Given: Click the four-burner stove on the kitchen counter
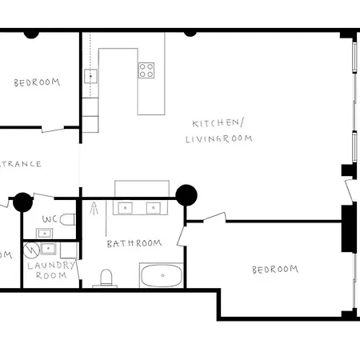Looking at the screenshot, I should [x=146, y=70].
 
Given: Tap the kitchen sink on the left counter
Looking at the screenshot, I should [x=90, y=77].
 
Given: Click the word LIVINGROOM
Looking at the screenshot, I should [x=218, y=138].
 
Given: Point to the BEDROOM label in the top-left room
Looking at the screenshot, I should [x=37, y=82].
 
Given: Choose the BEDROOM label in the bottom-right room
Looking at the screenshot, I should [x=274, y=270].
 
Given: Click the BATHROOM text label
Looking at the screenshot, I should [x=134, y=243].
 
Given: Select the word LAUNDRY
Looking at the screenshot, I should [x=51, y=266].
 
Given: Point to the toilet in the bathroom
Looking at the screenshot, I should [x=106, y=278].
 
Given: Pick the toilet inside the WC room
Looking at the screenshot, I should [x=68, y=219].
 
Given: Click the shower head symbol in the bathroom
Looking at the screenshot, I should [x=94, y=210].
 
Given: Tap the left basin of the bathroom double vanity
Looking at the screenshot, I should [x=126, y=209].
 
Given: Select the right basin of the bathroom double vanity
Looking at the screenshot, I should [x=151, y=209].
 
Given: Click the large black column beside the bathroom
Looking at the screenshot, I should [x=186, y=194].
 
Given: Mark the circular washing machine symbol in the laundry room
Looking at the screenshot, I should [x=33, y=249].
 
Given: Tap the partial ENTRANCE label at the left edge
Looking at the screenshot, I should [x=20, y=164].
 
